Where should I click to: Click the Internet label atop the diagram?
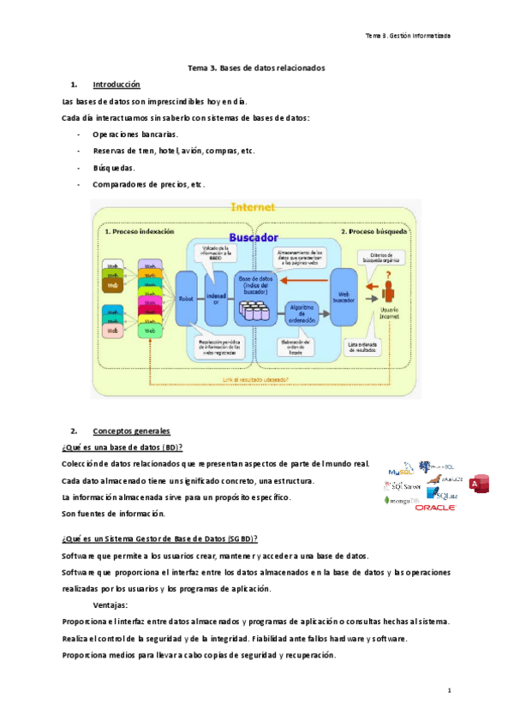click(253, 206)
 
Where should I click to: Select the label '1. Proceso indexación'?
click(139, 231)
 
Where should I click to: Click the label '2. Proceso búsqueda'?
click(374, 231)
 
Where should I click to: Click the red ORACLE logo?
click(435, 507)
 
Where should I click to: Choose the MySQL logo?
click(400, 471)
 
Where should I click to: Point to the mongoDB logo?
click(402, 500)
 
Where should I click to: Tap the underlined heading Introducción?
click(116, 85)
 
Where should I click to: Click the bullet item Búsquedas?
click(116, 168)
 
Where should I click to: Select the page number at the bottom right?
click(449, 689)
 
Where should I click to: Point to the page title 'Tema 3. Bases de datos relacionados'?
click(256, 68)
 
